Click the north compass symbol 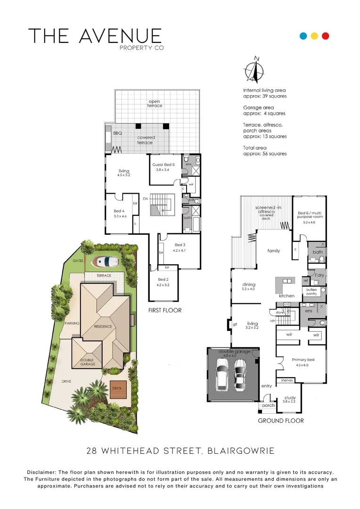point(254,71)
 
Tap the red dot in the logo point(325,36)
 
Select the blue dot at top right point(304,36)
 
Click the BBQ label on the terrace point(117,133)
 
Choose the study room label point(290,398)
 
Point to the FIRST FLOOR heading point(165,311)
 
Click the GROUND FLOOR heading point(281,420)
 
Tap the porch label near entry point(268,405)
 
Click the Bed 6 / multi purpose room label point(309,216)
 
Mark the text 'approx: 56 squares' point(265,154)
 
